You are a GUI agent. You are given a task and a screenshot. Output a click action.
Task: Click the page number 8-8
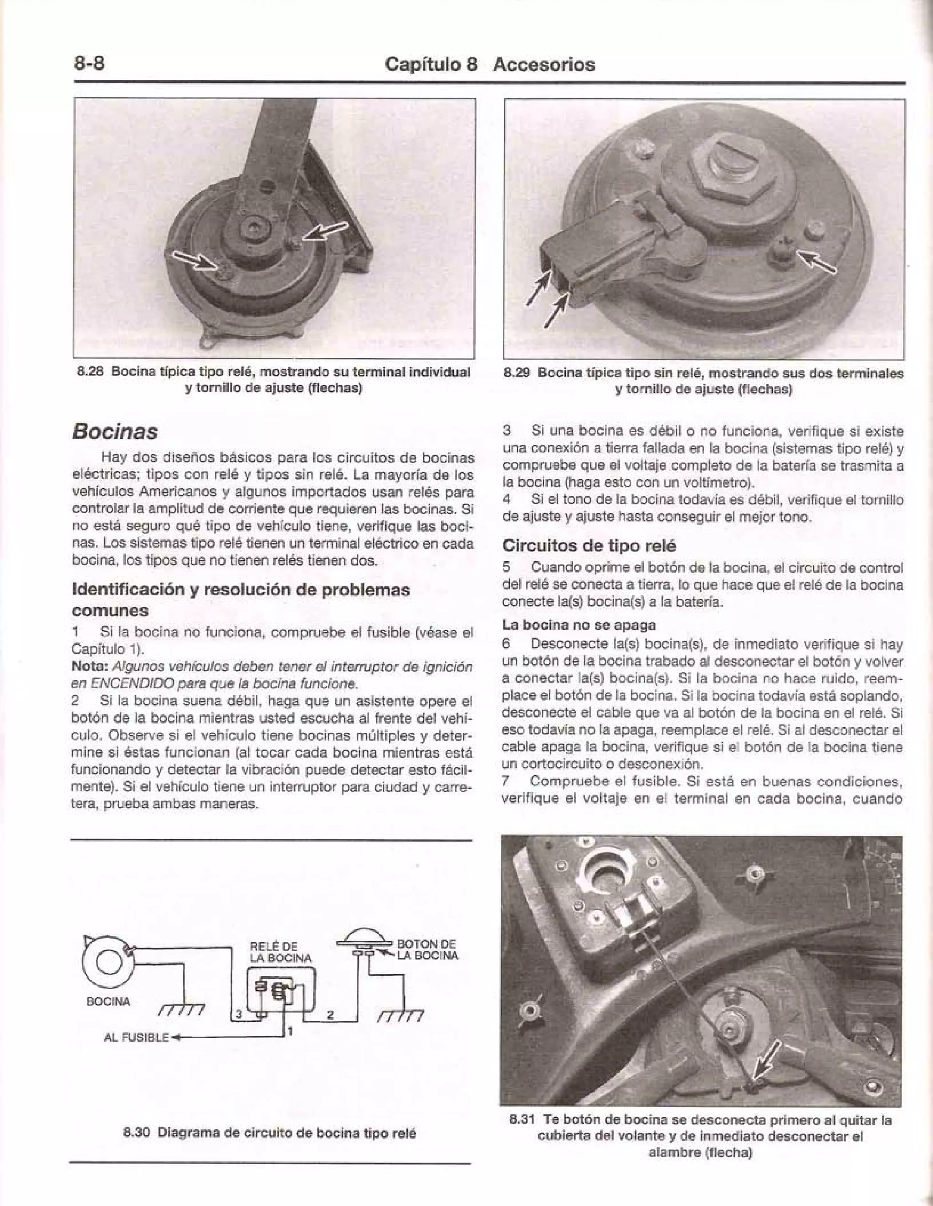point(89,63)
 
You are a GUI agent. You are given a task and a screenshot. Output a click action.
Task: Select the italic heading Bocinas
point(115,431)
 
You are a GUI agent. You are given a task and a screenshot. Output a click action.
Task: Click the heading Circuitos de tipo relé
point(589,546)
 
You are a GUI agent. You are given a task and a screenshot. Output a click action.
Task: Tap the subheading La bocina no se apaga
point(579,625)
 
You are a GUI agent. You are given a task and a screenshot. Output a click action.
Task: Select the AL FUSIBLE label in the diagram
point(136,1037)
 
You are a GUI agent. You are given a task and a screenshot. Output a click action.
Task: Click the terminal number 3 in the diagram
point(239,1014)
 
